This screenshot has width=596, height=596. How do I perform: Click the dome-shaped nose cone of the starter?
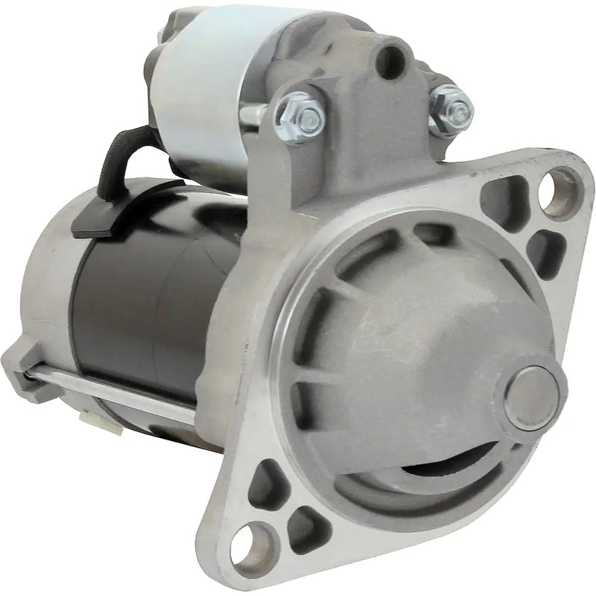point(417,350)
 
